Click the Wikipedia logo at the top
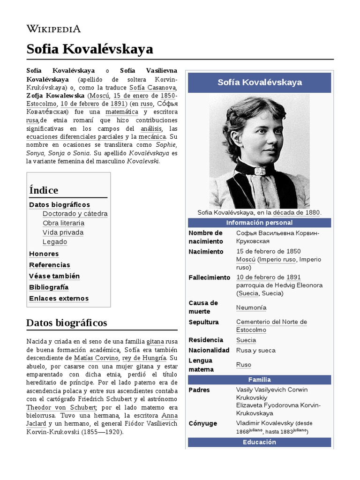(53, 29)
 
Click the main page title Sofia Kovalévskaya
(90, 49)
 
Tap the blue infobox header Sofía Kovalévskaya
(259, 82)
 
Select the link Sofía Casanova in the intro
(153, 88)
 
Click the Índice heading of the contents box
(44, 190)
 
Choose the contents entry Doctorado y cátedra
(75, 214)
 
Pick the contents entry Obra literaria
(63, 223)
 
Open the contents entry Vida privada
(63, 232)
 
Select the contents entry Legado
(55, 242)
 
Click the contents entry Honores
(44, 254)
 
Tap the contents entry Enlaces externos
(59, 299)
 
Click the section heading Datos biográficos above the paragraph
(67, 323)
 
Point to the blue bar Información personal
(259, 223)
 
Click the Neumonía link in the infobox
(251, 307)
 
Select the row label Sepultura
(203, 322)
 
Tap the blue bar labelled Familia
(259, 380)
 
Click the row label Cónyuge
(202, 423)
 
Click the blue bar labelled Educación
(259, 442)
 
